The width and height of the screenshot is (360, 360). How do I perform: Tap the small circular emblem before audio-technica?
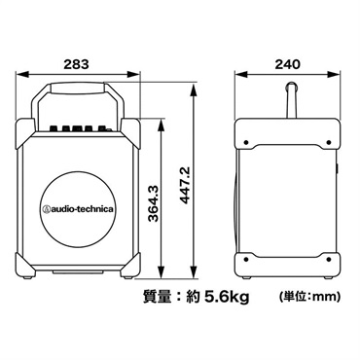45,207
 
